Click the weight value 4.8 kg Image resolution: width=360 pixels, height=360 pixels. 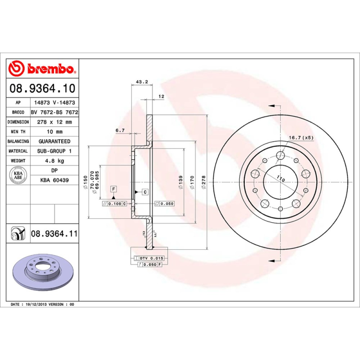click(x=54, y=161)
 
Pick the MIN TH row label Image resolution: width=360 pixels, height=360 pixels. click(x=18, y=131)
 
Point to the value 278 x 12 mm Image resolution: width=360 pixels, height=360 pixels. click(x=54, y=122)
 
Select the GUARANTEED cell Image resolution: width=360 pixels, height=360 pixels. click(x=54, y=141)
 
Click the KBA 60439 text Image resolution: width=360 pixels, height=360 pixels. click(x=54, y=180)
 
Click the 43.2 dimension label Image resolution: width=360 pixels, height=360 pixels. click(x=142, y=82)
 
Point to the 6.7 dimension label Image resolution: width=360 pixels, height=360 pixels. click(x=120, y=130)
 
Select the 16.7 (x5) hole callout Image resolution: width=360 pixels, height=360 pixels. click(x=301, y=137)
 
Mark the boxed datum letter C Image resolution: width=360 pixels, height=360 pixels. click(x=145, y=192)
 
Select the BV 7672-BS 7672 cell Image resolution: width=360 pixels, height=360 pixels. click(x=54, y=112)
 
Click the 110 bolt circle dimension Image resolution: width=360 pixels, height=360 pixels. click(x=281, y=179)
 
